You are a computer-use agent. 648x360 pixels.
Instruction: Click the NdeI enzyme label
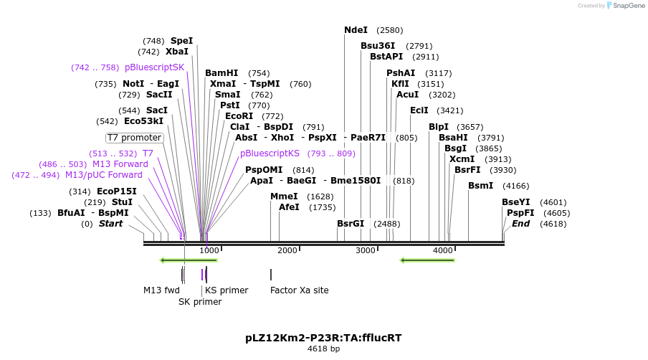coord(356,30)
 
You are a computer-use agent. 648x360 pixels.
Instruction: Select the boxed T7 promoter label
coord(135,138)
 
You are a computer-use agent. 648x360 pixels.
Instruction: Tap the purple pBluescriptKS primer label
coord(270,153)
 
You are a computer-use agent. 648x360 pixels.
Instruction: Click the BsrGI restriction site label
coord(351,224)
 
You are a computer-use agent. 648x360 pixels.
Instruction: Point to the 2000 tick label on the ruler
coord(287,250)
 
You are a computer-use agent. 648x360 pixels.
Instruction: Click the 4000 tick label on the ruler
coord(443,250)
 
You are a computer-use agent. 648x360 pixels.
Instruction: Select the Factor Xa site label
coord(299,290)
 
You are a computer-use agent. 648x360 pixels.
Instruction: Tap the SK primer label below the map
coord(200,302)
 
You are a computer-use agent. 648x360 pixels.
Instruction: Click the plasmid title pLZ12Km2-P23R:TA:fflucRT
coord(328,337)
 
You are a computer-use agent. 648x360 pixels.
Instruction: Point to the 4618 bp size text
coord(324,349)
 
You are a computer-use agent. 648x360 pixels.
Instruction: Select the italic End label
coord(520,224)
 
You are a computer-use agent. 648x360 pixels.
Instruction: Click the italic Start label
coord(110,224)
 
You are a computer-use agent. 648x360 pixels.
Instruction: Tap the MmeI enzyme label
coord(284,196)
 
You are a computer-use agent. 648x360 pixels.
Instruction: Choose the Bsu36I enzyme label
coord(378,46)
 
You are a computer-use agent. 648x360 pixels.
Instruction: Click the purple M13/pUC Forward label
coord(104,175)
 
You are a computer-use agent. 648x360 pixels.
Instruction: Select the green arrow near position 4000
coord(427,260)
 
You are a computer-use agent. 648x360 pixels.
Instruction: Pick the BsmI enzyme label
coord(480,186)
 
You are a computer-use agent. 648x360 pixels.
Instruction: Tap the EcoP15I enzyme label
coord(117,191)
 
